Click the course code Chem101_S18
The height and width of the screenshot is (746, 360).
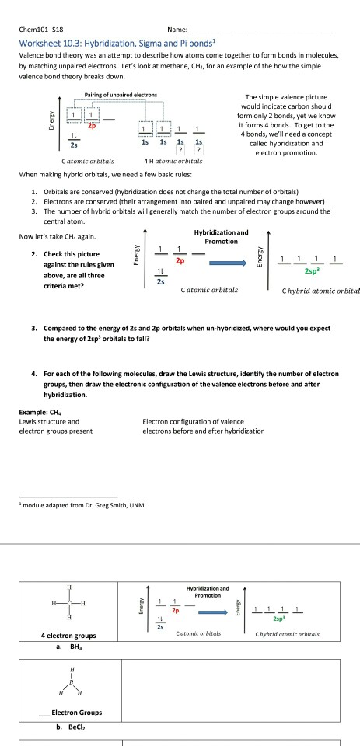[x=41, y=30]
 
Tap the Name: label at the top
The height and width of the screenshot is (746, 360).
[x=177, y=30]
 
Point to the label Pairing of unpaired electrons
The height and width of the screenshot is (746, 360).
[x=121, y=95]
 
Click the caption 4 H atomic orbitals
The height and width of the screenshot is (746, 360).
[x=173, y=161]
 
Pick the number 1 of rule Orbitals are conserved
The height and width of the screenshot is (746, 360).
[x=33, y=192]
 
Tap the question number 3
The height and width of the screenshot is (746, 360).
[x=34, y=328]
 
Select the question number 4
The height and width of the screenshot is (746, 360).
[x=34, y=374]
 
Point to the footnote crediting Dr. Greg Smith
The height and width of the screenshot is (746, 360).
[x=82, y=505]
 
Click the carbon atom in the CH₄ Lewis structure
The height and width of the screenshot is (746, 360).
[x=69, y=603]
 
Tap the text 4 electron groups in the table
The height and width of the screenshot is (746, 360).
[x=68, y=636]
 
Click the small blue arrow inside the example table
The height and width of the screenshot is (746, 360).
[x=213, y=612]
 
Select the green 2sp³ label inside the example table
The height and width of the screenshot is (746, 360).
[x=279, y=619]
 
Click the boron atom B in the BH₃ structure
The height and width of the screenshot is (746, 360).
[x=72, y=682]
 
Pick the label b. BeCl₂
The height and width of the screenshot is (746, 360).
[x=70, y=727]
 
